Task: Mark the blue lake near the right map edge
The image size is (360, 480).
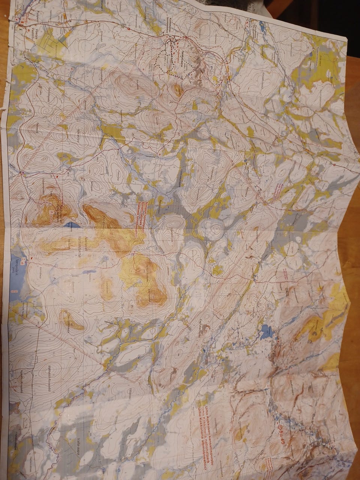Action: [x=267, y=331]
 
